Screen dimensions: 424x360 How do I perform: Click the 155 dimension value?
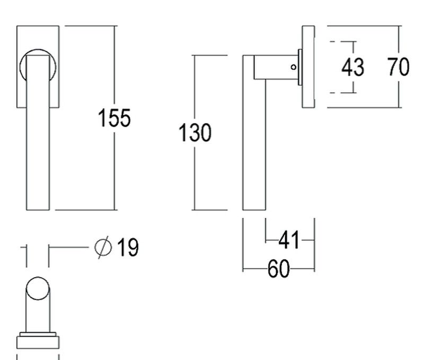click(114, 118)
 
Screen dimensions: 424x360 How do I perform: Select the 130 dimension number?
click(195, 133)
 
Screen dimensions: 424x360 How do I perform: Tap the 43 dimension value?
click(352, 67)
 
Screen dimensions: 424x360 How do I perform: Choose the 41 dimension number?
click(289, 240)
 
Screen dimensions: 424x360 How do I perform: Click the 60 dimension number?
click(279, 269)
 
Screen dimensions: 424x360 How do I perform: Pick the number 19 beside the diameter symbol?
click(128, 247)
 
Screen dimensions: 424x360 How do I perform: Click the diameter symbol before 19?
click(103, 247)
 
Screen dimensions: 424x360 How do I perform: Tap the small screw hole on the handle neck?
click(294, 67)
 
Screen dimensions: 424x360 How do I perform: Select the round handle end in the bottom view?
click(38, 288)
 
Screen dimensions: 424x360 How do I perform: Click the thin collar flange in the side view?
click(300, 67)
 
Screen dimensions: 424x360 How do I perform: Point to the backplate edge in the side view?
click(308, 67)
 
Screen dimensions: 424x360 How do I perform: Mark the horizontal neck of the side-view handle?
click(276, 67)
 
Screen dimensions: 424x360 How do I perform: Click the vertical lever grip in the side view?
click(254, 133)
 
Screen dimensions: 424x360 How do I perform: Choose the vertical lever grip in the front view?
click(38, 133)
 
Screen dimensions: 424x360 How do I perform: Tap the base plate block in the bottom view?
click(38, 343)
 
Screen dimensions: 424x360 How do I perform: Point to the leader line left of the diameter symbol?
click(69, 247)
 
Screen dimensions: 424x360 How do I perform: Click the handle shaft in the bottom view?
click(38, 316)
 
